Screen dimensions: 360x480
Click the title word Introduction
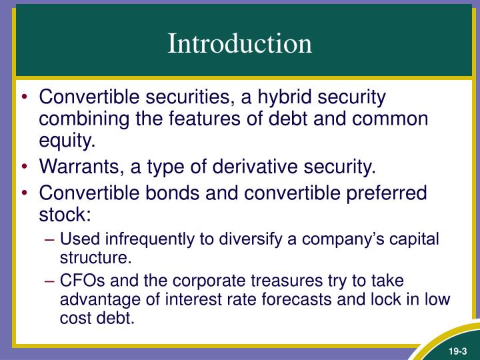(239, 43)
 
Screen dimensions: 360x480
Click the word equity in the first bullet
(65, 141)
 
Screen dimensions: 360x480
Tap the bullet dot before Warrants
(25, 167)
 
